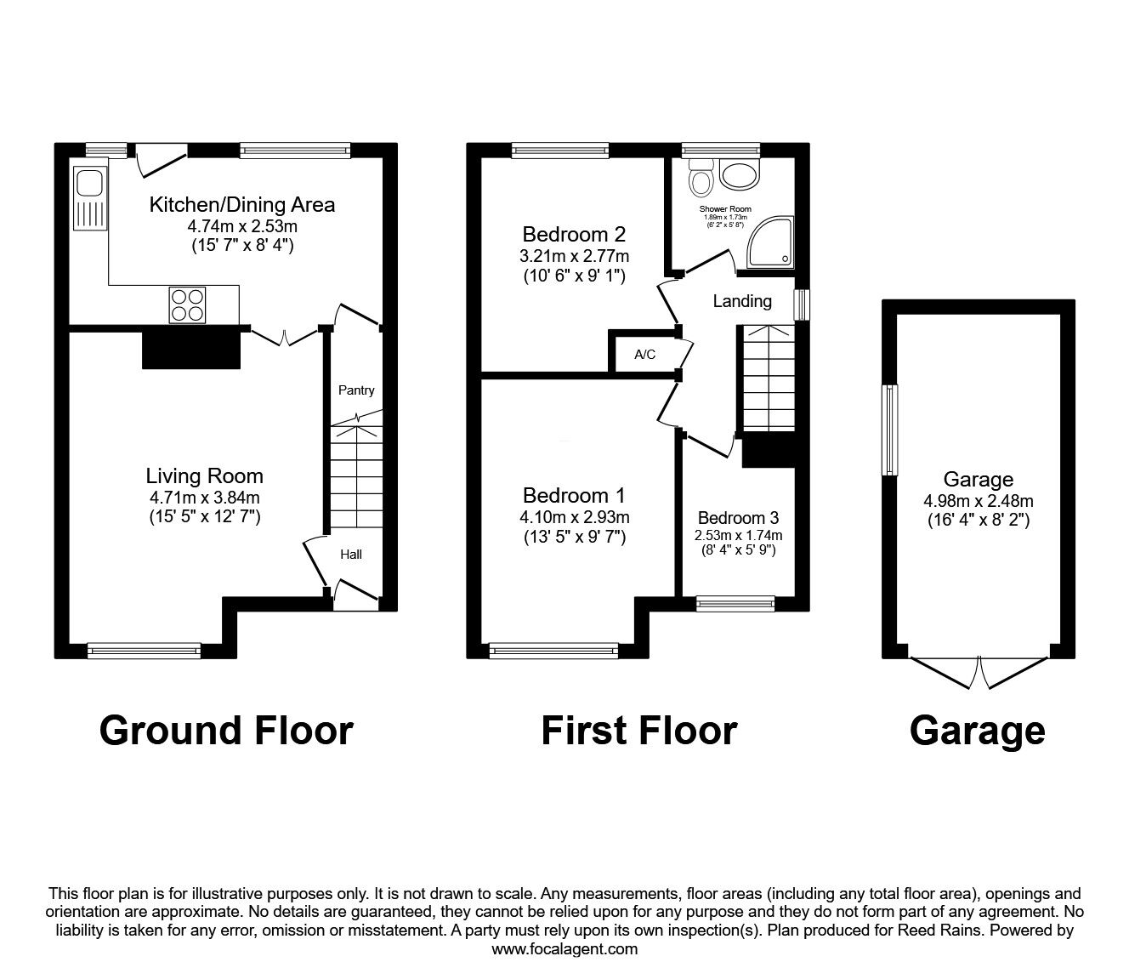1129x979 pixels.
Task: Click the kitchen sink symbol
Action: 88,199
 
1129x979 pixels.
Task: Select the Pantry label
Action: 356,390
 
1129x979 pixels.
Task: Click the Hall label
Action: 351,555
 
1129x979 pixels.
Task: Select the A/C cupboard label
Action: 645,355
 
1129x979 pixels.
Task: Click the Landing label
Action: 742,301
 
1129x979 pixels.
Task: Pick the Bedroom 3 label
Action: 738,518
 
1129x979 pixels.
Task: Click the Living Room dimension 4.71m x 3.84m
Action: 204,498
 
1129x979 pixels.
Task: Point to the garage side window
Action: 890,430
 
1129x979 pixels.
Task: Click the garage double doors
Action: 979,669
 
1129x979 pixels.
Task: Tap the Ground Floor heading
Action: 225,731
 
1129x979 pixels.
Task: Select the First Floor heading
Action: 638,731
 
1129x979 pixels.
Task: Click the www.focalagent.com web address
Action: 564,949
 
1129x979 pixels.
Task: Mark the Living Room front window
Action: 144,651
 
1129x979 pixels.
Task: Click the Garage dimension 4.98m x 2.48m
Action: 978,501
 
